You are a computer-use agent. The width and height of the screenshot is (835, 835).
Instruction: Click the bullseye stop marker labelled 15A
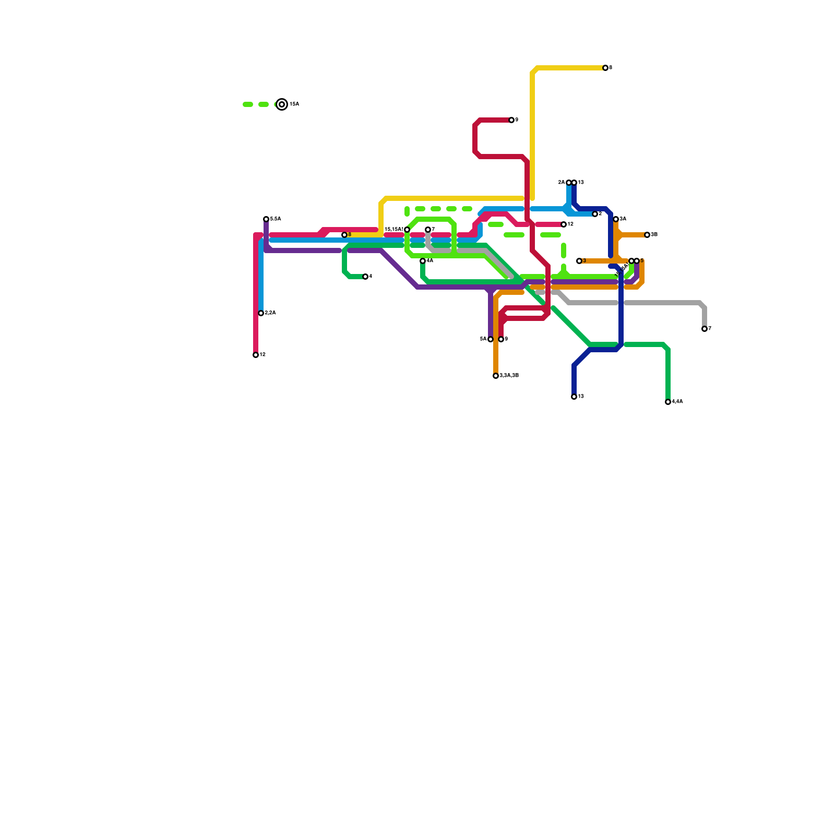[282, 104]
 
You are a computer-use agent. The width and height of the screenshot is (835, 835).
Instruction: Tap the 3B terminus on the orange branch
[647, 235]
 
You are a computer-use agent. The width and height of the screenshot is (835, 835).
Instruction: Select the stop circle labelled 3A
[616, 219]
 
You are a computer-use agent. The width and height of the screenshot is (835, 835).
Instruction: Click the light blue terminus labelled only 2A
[569, 183]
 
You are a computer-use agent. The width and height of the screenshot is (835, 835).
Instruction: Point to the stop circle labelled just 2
[595, 214]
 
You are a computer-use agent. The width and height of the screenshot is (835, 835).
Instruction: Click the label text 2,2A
[270, 313]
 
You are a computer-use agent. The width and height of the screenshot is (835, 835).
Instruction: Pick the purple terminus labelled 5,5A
[266, 219]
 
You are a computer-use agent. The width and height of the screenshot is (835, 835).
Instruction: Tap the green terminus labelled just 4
[365, 277]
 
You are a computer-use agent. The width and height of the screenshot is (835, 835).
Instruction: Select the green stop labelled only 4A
[423, 261]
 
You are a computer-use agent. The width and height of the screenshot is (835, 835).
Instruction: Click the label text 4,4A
[677, 402]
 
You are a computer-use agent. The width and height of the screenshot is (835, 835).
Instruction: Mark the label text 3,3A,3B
[509, 376]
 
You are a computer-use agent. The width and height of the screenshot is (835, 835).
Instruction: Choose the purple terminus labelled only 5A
[491, 339]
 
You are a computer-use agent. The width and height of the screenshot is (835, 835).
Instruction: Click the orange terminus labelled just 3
[579, 261]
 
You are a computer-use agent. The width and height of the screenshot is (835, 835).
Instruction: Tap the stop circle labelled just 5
[637, 261]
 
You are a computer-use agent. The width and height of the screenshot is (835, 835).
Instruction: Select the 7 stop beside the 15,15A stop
[428, 230]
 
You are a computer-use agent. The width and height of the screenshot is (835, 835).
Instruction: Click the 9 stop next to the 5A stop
[501, 339]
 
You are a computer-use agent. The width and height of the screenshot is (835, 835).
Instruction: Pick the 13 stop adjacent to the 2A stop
[574, 183]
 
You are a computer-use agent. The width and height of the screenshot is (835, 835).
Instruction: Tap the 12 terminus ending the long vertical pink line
[256, 355]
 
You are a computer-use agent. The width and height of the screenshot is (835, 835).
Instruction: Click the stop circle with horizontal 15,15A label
[407, 230]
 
